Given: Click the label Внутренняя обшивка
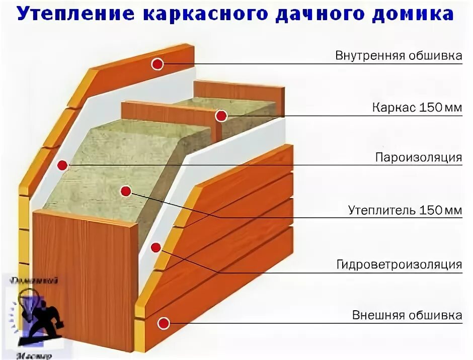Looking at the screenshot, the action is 399,56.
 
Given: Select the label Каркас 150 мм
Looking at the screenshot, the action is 417,108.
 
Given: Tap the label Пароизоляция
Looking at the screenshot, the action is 418,157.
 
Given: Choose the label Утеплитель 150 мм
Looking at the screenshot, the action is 405,210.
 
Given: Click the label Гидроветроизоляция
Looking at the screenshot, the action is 399,264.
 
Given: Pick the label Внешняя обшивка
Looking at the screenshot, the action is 407,316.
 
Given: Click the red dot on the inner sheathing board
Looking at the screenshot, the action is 157,64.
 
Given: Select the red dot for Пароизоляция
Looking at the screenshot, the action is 62,165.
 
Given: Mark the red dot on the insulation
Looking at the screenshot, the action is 126,191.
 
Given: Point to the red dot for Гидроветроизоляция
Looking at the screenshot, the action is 156,247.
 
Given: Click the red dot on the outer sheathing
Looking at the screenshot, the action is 163,323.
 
